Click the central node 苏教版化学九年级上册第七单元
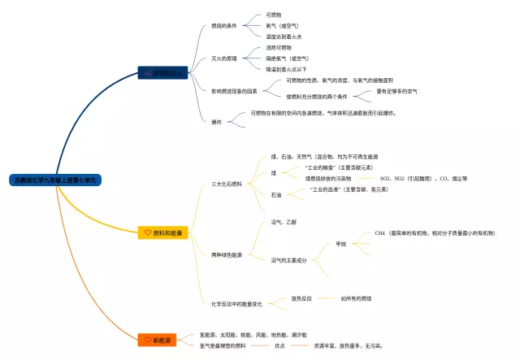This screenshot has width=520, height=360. pyautogui.click(x=56, y=180)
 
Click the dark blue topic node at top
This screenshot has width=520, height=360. pyautogui.click(x=166, y=73)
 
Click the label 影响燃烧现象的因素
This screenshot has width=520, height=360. pyautogui.click(x=235, y=91)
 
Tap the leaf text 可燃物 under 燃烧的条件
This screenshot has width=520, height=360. pyautogui.click(x=274, y=15)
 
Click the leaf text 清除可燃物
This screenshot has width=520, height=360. pyautogui.click(x=279, y=48)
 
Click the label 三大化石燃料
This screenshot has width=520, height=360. pyautogui.click(x=227, y=184)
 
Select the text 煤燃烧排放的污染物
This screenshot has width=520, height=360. pyautogui.click(x=328, y=178)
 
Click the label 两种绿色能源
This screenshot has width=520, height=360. pyautogui.click(x=227, y=254)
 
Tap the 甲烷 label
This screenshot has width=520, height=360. pyautogui.click(x=341, y=244)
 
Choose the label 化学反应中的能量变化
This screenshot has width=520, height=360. pyautogui.click(x=236, y=303)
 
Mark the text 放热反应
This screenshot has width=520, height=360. pyautogui.click(x=301, y=298)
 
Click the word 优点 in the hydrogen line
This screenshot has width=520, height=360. pyautogui.click(x=279, y=345)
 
